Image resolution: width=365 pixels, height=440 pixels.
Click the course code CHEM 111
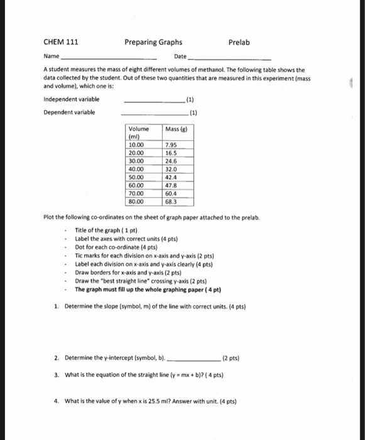[x=61, y=42]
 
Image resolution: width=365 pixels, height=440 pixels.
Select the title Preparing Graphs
[x=153, y=42]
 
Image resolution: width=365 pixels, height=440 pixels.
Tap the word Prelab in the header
[x=239, y=42]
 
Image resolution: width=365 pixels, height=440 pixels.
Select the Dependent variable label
[x=69, y=113]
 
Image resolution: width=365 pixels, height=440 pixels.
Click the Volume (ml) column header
[x=138, y=133]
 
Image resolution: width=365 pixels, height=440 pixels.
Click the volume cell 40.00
[x=136, y=169]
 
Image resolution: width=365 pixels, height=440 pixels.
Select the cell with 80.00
[x=136, y=202]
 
